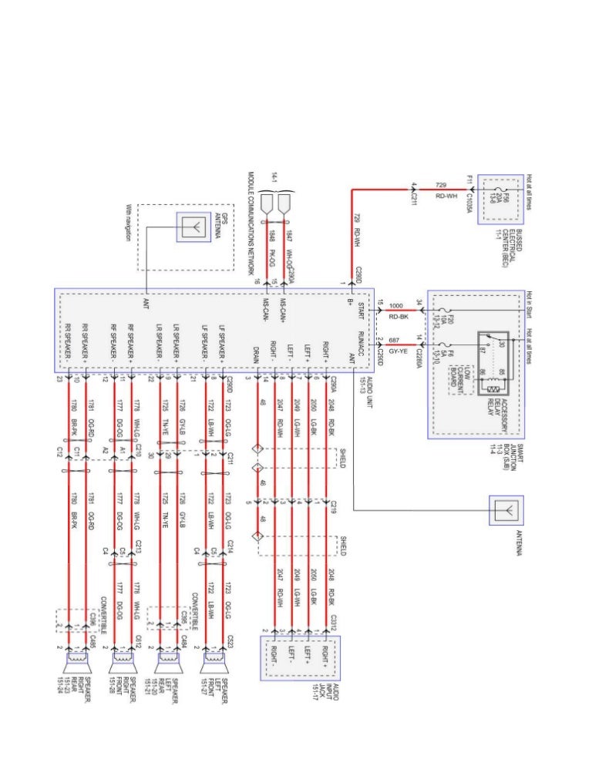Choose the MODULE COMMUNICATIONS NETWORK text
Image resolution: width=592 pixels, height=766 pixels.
point(251,223)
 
